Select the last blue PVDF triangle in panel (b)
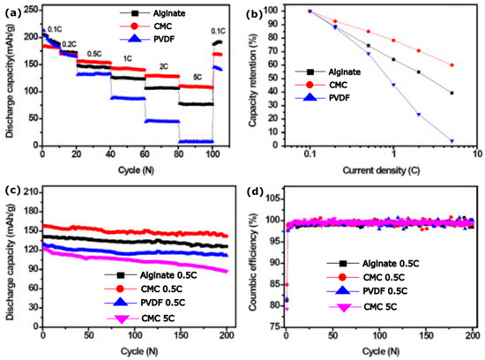pyautogui.click(x=451, y=140)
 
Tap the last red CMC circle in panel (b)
pyautogui.click(x=451, y=65)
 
